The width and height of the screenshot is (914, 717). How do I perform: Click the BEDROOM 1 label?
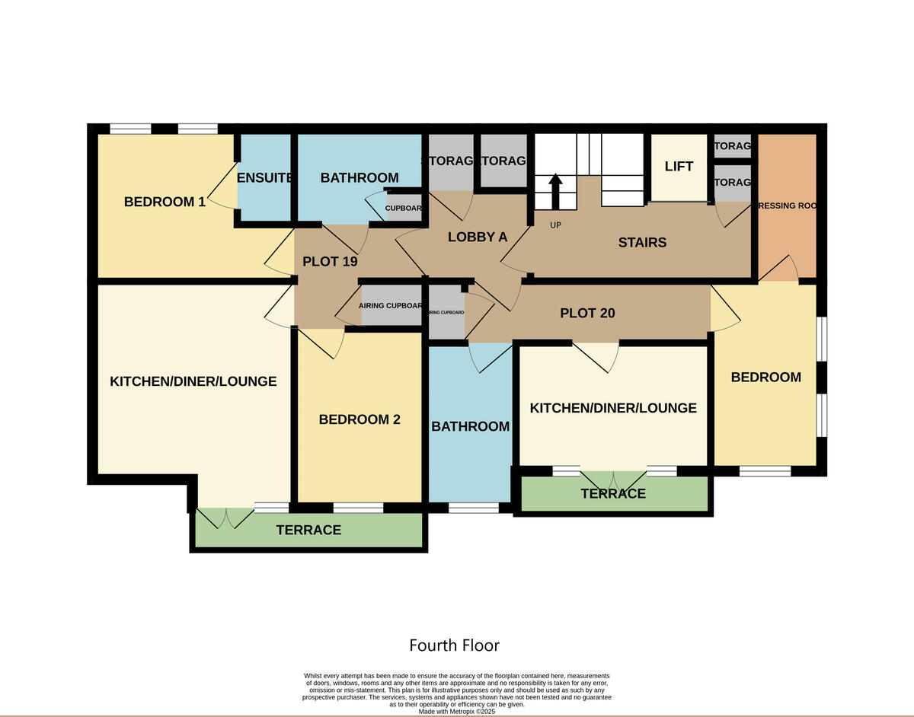(x=165, y=202)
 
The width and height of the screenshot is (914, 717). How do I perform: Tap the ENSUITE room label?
(x=265, y=178)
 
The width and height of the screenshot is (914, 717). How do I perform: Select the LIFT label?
(x=679, y=167)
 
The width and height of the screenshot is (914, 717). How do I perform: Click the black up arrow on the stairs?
(x=556, y=190)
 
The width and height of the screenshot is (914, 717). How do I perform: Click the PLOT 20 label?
(x=587, y=313)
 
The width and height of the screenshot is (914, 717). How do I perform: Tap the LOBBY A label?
(x=478, y=237)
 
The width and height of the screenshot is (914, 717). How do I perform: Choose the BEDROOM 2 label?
(x=360, y=419)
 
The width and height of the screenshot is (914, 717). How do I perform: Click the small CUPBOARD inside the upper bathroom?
(x=404, y=209)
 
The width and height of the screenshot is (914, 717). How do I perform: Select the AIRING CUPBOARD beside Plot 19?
(x=391, y=306)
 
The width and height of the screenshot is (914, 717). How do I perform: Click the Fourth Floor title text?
(x=454, y=645)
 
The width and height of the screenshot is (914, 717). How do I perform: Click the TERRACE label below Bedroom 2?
(x=308, y=530)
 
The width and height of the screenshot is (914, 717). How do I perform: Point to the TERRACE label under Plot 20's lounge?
(x=613, y=493)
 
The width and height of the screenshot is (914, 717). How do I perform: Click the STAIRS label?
(x=642, y=243)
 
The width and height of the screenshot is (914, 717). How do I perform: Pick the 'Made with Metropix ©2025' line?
(x=457, y=711)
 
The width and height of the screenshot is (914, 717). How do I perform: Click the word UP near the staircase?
(x=555, y=225)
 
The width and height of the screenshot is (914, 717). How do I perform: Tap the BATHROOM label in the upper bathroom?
(x=360, y=177)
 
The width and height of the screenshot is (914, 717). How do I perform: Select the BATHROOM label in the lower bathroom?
(x=470, y=426)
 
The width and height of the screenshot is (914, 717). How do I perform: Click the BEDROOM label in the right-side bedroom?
(x=765, y=377)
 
